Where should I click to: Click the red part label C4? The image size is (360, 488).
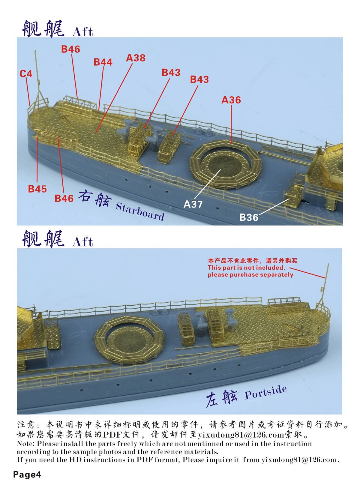click(x=26, y=74)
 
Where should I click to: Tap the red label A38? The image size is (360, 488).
click(x=136, y=58)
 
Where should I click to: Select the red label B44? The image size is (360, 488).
click(x=103, y=62)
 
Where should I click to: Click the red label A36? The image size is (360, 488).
click(x=231, y=100)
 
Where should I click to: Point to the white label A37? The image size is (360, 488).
click(x=193, y=204)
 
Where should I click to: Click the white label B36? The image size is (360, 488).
click(x=249, y=217)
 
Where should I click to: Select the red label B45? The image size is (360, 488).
click(x=37, y=189)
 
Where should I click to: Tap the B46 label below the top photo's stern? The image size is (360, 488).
click(x=64, y=198)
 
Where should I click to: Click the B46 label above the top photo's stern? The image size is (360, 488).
click(x=70, y=49)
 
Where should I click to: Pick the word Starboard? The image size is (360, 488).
click(x=140, y=211)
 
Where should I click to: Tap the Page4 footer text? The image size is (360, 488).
click(x=27, y=475)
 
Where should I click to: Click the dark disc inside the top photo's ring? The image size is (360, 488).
click(x=225, y=166)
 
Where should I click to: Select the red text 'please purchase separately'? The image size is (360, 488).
click(x=250, y=275)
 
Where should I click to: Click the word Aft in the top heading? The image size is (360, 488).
click(x=82, y=32)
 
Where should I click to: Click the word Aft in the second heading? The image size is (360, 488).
click(x=82, y=242)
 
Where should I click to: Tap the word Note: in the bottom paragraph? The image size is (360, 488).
click(x=25, y=444)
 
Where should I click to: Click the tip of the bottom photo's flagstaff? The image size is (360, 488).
click(x=328, y=264)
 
